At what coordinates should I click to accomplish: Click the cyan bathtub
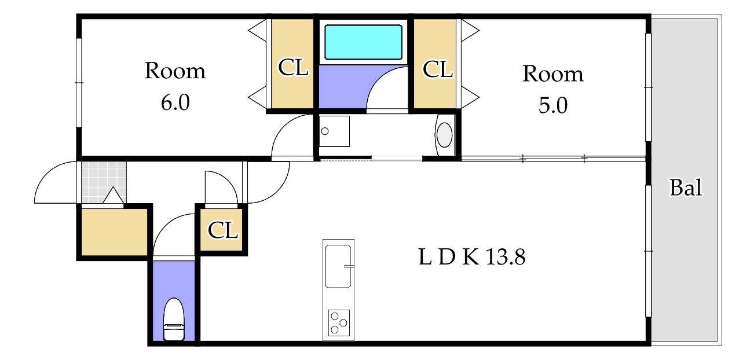pyautogui.click(x=363, y=42)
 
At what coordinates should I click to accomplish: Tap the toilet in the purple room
pyautogui.click(x=174, y=319)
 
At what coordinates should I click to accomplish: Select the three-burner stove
pyautogui.click(x=339, y=322)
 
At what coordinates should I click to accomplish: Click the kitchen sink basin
pyautogui.click(x=338, y=266)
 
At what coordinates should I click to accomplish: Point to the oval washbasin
pyautogui.click(x=444, y=135)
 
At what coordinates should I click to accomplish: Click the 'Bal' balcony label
pyautogui.click(x=686, y=188)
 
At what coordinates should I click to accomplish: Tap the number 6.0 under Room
pyautogui.click(x=175, y=102)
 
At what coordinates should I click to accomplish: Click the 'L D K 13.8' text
pyautogui.click(x=471, y=257)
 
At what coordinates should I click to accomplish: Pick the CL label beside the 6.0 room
pyautogui.click(x=293, y=67)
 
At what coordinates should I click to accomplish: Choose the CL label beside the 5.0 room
pyautogui.click(x=437, y=69)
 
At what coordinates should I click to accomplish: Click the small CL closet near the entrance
pyautogui.click(x=222, y=230)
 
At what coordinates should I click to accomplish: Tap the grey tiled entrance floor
pyautogui.click(x=104, y=182)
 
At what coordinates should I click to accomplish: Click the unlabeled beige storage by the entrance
pyautogui.click(x=115, y=232)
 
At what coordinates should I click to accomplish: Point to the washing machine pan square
pyautogui.click(x=334, y=131)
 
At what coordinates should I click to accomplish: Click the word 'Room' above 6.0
pyautogui.click(x=175, y=71)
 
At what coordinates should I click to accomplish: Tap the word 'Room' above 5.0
pyautogui.click(x=553, y=74)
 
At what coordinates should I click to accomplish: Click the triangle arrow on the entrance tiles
pyautogui.click(x=113, y=195)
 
